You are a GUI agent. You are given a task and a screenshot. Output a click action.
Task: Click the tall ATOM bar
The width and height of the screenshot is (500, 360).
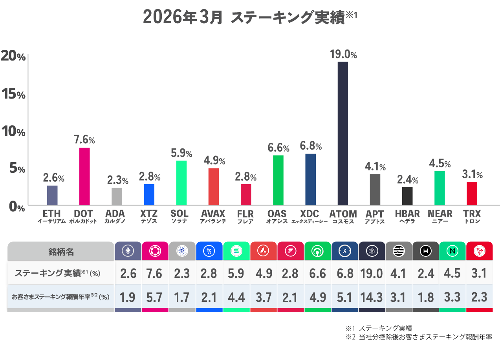pyautogui.click(x=342, y=133)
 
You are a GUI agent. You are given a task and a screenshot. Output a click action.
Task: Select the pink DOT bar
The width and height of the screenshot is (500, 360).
pyautogui.click(x=84, y=176)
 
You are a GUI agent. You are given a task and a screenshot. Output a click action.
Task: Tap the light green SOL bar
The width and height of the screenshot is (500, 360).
pyautogui.click(x=181, y=183)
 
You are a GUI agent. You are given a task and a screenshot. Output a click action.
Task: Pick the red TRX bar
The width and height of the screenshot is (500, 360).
pyautogui.click(x=472, y=193)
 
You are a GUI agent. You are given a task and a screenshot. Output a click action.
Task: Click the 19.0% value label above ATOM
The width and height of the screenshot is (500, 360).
pyautogui.click(x=343, y=55)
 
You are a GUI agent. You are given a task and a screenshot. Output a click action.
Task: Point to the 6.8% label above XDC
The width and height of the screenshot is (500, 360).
pyautogui.click(x=311, y=146)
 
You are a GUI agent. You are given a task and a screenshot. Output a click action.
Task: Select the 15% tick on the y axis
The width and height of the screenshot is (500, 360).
pyautogui.click(x=13, y=94)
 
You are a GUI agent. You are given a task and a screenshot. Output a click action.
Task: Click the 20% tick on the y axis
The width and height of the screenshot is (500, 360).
pyautogui.click(x=13, y=56)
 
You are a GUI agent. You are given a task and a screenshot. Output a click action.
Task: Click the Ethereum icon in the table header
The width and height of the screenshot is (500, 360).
pyautogui.click(x=128, y=251)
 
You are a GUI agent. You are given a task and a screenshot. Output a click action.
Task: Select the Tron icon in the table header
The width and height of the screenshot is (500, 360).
pyautogui.click(x=479, y=251)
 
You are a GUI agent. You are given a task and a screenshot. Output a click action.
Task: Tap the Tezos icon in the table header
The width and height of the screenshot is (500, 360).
pyautogui.click(x=209, y=251)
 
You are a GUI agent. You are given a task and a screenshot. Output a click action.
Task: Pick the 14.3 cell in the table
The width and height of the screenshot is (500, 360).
pyautogui.click(x=371, y=298)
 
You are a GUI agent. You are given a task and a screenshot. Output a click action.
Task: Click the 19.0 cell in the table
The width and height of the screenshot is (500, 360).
pyautogui.click(x=371, y=273)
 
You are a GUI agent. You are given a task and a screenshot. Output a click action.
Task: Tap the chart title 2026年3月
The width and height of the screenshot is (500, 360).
pyautogui.click(x=183, y=17)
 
